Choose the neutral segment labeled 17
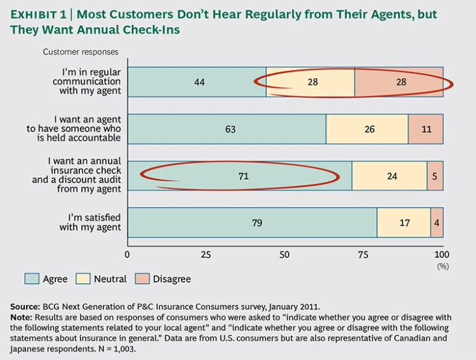[x=403, y=223]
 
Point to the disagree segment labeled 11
[x=426, y=130]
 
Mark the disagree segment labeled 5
[x=435, y=177]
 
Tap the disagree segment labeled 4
[x=437, y=223]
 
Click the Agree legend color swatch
[x=32, y=279]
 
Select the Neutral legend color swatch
[x=83, y=279]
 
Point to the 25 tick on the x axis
[x=206, y=254]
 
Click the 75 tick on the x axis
[x=364, y=254]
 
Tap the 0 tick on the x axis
[x=128, y=254]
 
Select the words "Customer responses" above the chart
[x=81, y=52]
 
